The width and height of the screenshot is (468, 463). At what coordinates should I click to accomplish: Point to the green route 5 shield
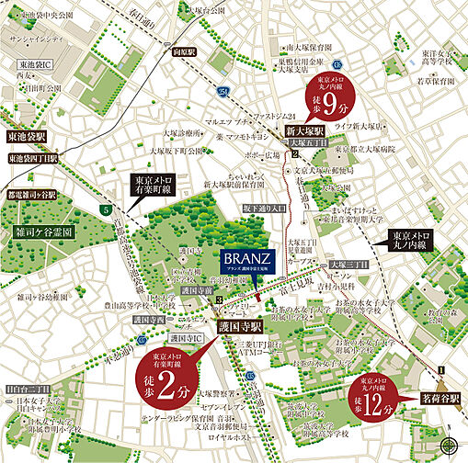point(107,212)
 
